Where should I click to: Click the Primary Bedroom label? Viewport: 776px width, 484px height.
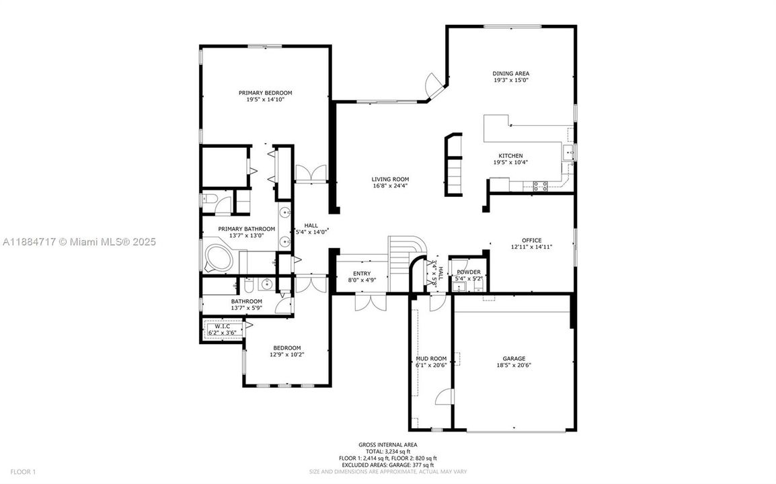(265, 93)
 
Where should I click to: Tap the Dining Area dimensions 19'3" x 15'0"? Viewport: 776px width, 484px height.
(510, 81)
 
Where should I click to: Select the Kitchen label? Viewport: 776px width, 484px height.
(510, 156)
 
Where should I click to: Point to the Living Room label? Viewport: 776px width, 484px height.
(390, 179)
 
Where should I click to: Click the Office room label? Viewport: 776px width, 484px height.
(531, 240)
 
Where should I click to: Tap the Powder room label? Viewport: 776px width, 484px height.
(468, 272)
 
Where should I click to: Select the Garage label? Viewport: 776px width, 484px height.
(514, 358)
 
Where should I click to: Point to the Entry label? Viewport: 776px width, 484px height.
(362, 274)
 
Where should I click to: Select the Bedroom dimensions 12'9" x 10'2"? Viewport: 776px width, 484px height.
(287, 355)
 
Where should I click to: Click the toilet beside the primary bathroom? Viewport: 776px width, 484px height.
(208, 199)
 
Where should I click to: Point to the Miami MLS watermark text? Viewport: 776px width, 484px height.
(78, 241)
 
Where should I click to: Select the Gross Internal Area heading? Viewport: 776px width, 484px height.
(387, 444)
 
